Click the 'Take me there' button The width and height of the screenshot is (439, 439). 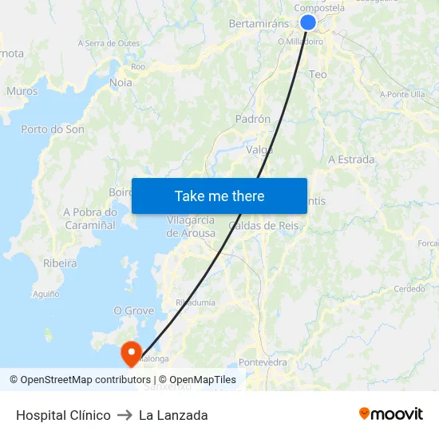(x=219, y=196)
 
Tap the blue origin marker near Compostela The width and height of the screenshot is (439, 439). (x=307, y=22)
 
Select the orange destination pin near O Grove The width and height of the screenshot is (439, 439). (x=130, y=352)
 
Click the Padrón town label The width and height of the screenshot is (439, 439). (x=253, y=119)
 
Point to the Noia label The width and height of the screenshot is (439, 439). (x=121, y=82)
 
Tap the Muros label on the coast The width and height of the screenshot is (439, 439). (x=22, y=91)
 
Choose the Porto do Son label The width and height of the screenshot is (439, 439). (x=53, y=129)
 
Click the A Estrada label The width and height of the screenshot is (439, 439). (x=351, y=160)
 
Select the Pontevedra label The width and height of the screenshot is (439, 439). (x=263, y=362)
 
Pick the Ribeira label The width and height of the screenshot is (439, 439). (x=60, y=263)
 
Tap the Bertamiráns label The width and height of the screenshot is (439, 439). (x=257, y=24)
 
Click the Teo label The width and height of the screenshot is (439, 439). (x=318, y=74)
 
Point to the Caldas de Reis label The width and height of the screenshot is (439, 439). (x=263, y=226)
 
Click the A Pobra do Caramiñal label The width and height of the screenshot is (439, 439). (x=89, y=219)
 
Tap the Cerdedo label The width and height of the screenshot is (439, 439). (x=409, y=289)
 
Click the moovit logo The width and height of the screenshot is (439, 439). (x=391, y=414)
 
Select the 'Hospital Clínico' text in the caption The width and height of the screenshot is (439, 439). (x=63, y=415)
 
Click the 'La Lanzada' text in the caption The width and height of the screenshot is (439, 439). (x=173, y=415)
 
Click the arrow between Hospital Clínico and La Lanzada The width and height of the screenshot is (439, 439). (x=125, y=415)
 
